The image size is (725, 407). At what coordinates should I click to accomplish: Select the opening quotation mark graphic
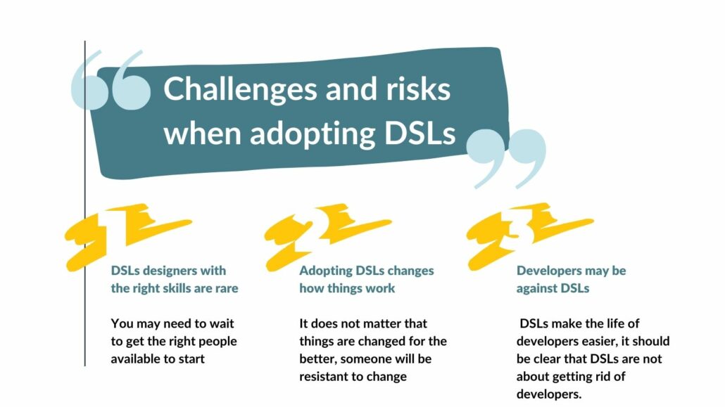[111, 80]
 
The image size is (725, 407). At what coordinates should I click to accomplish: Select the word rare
[227, 288]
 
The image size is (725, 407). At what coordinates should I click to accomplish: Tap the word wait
[222, 323]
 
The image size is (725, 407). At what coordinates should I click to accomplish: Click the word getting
[569, 377]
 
